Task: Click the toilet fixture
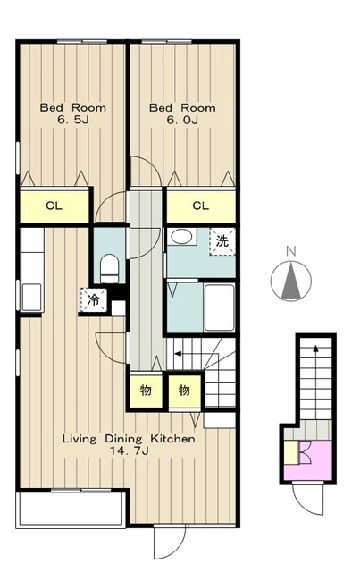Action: pos(109,268)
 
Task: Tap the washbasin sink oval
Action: pos(181,237)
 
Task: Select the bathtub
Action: pos(219,307)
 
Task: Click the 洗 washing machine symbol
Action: pos(222,241)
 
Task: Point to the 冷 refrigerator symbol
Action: pos(94,300)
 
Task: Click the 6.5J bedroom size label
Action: pos(73,120)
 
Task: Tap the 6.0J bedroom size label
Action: pos(182,120)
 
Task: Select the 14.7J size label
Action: pos(129,450)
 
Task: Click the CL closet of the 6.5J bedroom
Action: pos(54,206)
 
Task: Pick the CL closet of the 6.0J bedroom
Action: pos(201,206)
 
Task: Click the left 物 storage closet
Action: pos(146,391)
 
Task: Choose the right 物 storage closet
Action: pos(185,391)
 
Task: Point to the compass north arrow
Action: pos(291,281)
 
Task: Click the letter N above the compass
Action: pos(290,251)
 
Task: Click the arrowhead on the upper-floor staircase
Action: pos(178,353)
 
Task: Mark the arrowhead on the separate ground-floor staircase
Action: pos(315,349)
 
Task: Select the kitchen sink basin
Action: pos(32,297)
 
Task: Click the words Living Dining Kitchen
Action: pos(129,439)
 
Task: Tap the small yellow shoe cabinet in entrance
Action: pos(291,452)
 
